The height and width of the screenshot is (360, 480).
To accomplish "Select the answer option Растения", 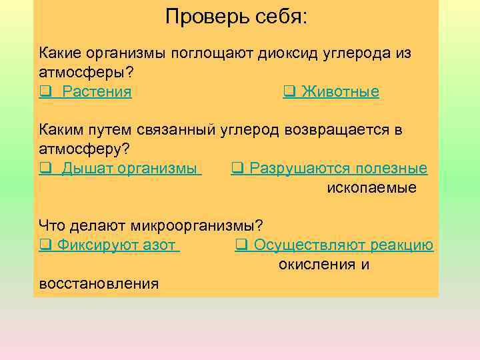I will click(x=97, y=92).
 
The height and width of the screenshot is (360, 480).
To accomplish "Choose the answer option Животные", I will click(x=340, y=92).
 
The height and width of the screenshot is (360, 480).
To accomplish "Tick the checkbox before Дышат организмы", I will click(x=44, y=168).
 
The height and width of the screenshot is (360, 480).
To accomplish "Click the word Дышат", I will click(x=87, y=168).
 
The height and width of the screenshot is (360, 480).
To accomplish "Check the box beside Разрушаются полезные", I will click(x=237, y=168).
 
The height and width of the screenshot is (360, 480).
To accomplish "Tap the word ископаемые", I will click(x=371, y=187).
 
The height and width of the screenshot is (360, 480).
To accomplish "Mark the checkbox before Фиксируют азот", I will click(x=44, y=245).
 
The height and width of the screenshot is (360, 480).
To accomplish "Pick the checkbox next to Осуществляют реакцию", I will click(x=241, y=245).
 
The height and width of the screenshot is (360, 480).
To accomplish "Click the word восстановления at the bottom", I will click(x=99, y=283).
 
